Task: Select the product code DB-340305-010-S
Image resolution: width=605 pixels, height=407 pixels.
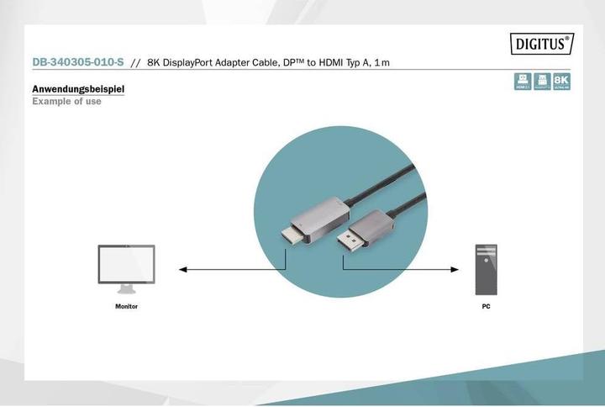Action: point(77,62)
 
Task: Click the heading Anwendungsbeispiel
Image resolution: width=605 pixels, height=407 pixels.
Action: point(79,88)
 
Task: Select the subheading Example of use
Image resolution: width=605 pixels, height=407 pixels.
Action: point(66,101)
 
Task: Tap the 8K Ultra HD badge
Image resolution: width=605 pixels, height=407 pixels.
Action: point(562,81)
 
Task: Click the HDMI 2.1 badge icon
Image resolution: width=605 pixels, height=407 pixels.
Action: point(523,81)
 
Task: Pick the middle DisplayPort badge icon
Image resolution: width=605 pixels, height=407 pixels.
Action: point(542,81)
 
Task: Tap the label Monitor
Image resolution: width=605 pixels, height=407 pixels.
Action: point(126,307)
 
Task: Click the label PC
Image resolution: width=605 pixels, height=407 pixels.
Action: point(486,307)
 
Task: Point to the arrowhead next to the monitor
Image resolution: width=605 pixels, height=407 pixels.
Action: point(182,270)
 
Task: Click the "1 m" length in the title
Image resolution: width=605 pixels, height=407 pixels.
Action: point(382,62)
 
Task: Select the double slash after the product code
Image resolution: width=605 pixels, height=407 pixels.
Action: point(135,62)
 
